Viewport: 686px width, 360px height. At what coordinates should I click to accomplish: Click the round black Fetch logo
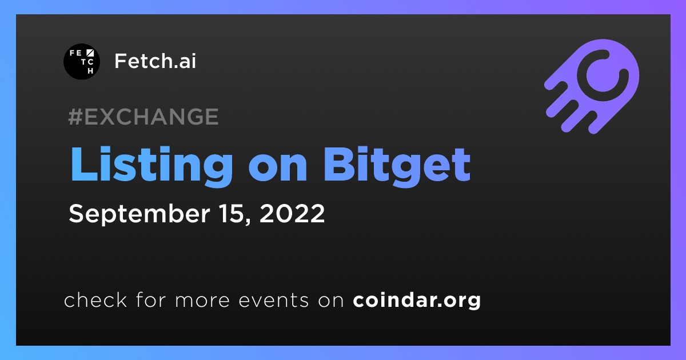click(x=82, y=62)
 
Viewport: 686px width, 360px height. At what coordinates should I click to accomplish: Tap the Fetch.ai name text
click(x=155, y=61)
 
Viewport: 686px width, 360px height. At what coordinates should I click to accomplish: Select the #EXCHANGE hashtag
click(x=143, y=117)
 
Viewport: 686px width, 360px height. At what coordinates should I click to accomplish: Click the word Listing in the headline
click(x=152, y=166)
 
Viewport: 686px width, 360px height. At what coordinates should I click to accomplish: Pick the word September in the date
click(x=139, y=214)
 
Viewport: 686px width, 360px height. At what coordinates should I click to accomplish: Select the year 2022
click(x=292, y=213)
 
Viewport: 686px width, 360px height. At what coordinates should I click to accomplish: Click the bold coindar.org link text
click(x=417, y=301)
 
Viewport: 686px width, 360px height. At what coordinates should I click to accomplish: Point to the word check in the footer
click(x=95, y=299)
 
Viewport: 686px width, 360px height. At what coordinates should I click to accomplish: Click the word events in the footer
click(x=274, y=301)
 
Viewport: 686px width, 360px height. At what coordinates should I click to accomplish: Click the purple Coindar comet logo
click(x=592, y=86)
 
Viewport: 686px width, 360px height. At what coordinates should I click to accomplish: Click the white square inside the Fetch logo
click(x=90, y=53)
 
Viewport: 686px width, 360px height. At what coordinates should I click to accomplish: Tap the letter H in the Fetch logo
click(x=90, y=71)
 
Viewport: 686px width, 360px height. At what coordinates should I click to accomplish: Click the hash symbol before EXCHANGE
click(x=75, y=117)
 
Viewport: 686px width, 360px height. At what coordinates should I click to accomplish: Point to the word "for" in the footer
click(x=151, y=299)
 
